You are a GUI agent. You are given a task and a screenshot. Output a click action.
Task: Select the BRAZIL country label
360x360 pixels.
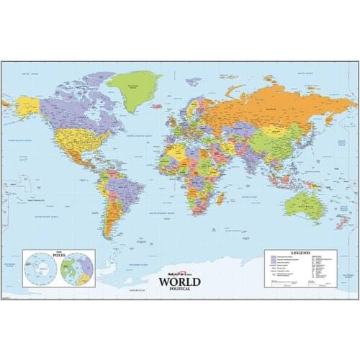pos(122,189)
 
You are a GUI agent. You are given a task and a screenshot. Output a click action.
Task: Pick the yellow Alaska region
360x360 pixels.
pos(28,107)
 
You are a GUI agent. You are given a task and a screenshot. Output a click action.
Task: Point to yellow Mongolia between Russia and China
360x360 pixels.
pos(282,132)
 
